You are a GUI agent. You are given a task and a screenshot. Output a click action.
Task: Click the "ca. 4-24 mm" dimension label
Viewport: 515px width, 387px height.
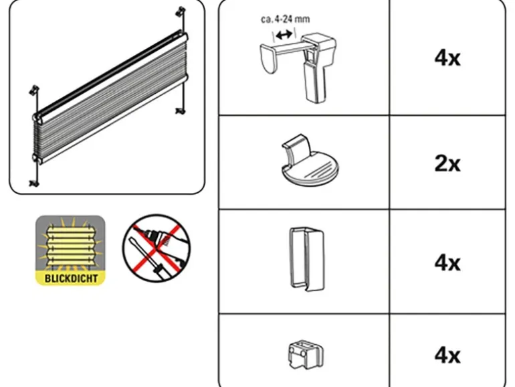(x=285, y=19)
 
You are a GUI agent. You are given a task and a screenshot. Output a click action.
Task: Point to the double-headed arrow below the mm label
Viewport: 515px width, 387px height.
(x=284, y=34)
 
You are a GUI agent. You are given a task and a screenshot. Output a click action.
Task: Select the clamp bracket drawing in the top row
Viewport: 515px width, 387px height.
(x=298, y=67)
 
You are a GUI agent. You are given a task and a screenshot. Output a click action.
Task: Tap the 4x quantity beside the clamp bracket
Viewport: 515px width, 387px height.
(x=447, y=58)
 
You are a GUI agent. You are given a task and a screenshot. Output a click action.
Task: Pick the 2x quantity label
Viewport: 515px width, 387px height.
(x=447, y=163)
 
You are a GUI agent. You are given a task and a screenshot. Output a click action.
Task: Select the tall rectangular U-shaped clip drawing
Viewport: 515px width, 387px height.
(x=306, y=259)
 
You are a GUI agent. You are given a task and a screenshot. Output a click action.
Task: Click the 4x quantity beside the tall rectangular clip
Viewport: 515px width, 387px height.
(x=447, y=263)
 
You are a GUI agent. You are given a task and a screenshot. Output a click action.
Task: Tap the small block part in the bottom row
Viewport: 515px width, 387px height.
(x=306, y=355)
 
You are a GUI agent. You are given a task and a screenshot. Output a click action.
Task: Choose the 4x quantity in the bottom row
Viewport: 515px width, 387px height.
(x=447, y=356)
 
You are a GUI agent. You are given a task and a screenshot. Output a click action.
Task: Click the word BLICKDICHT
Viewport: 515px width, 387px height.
(x=71, y=278)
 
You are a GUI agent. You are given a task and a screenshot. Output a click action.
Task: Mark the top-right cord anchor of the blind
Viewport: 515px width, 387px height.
(x=181, y=11)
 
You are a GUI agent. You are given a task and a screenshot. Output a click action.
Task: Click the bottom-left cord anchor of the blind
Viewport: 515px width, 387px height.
(x=34, y=183)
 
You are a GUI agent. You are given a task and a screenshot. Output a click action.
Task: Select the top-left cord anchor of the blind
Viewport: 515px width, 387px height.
(x=34, y=90)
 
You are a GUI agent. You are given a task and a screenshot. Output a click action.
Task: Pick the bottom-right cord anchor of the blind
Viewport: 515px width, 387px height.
(x=180, y=111)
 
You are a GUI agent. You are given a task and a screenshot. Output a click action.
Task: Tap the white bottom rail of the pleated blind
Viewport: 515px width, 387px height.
(x=112, y=119)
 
